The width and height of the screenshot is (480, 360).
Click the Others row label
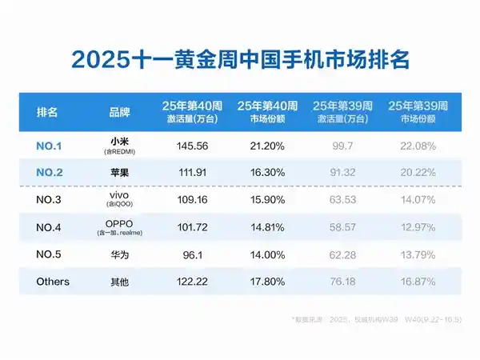coord(53,282)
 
